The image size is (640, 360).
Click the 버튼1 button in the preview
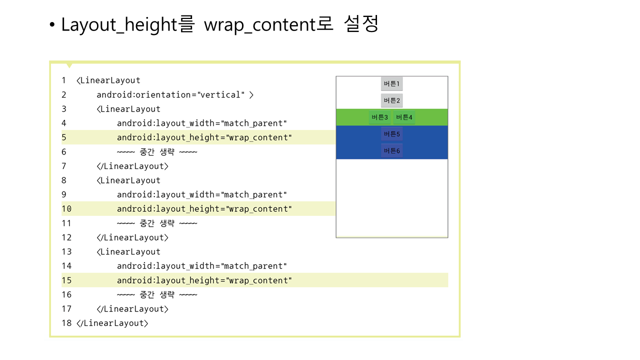click(x=391, y=83)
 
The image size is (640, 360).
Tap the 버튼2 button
click(x=391, y=100)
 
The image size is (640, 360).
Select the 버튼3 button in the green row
click(x=379, y=117)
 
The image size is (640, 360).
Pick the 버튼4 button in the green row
click(x=404, y=117)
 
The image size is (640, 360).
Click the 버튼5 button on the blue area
click(x=391, y=134)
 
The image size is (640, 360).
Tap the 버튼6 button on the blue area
click(x=391, y=150)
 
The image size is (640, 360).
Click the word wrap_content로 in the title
click(x=268, y=24)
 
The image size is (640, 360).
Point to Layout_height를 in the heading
click(x=128, y=24)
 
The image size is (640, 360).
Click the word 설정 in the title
click(x=361, y=23)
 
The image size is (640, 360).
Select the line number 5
click(x=64, y=137)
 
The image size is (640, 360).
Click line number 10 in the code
click(x=66, y=209)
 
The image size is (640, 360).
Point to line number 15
click(x=66, y=280)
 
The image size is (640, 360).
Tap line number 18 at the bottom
click(x=66, y=323)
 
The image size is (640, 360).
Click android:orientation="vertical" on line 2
click(x=170, y=95)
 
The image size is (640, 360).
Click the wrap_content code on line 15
click(x=259, y=280)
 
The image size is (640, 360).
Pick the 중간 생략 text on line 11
click(x=157, y=223)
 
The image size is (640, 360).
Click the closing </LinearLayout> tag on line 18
click(x=112, y=323)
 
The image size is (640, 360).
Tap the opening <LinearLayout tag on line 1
click(x=108, y=80)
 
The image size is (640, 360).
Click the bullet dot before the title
click(x=52, y=24)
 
